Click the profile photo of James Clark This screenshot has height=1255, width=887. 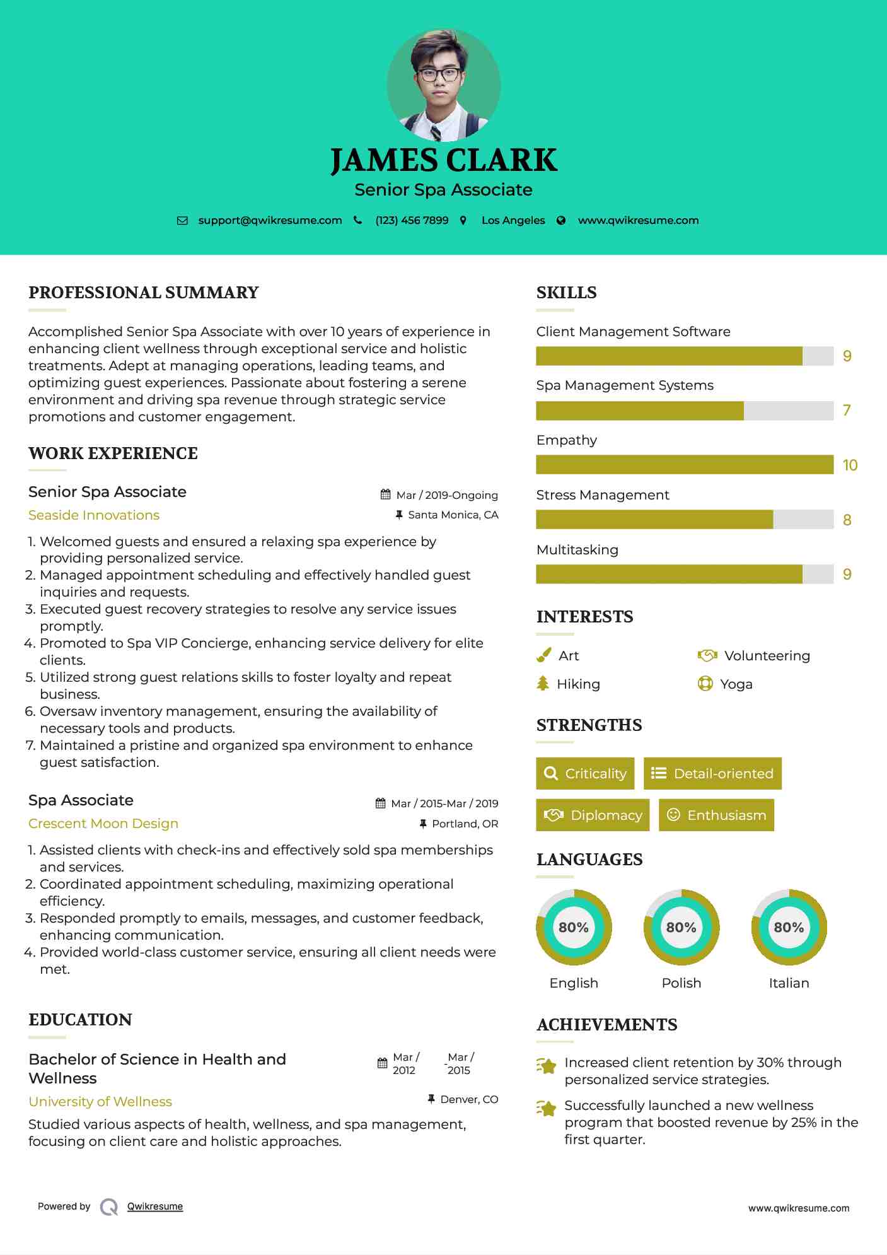pos(443,85)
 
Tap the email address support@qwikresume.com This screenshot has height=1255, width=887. pos(270,220)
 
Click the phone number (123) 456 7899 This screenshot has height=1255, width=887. pos(412,220)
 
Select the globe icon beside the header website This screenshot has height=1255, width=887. pos(561,220)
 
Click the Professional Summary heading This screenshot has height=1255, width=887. pos(144,293)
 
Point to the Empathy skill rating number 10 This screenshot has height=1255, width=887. pos(850,465)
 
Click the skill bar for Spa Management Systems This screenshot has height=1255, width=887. pos(684,411)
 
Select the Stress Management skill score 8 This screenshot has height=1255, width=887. pos(847,520)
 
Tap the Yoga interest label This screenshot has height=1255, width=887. pos(736,684)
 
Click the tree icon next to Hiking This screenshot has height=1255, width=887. pos(543,684)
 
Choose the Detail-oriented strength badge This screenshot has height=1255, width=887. pos(712,773)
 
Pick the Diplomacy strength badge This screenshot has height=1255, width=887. pos(593,815)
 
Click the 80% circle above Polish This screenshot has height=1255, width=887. pos(681,927)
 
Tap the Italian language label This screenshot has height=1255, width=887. pos(789,983)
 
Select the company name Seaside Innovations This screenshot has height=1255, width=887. pos(94,515)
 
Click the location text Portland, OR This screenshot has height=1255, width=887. pos(465,824)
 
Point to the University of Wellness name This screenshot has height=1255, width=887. pos(100,1101)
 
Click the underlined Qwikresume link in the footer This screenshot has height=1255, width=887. pos(155,1206)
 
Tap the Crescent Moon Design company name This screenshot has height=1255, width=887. pos(103,824)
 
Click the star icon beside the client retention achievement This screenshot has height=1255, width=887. pos(547,1066)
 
